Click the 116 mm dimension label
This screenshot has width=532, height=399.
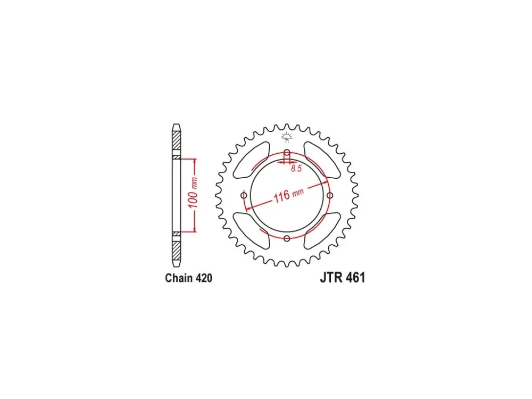click(289, 195)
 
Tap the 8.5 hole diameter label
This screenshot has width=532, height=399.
click(296, 168)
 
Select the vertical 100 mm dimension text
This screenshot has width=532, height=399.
click(193, 193)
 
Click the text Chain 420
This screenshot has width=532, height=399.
click(189, 278)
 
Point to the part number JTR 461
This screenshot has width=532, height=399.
click(342, 278)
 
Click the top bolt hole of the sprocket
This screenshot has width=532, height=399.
click(287, 152)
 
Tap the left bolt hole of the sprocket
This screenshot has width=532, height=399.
click(244, 195)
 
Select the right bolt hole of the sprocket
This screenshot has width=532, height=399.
click(330, 195)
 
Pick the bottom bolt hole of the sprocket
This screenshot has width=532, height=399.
click(287, 238)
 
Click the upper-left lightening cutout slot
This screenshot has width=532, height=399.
click(251, 160)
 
